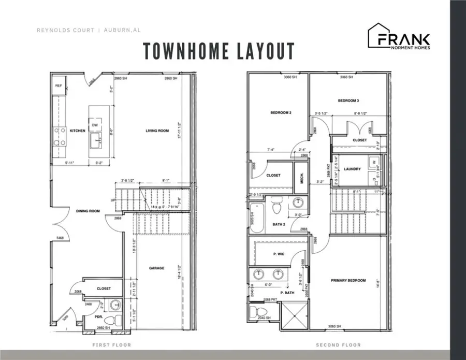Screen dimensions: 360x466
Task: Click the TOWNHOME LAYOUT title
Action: [219, 51]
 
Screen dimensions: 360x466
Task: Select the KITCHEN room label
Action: [77, 131]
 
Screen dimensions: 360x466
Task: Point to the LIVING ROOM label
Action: [157, 131]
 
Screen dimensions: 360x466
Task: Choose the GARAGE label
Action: [157, 268]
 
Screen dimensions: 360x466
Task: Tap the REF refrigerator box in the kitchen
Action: [59, 86]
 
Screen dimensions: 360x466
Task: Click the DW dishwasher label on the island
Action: [95, 125]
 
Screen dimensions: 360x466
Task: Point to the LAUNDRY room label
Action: [352, 168]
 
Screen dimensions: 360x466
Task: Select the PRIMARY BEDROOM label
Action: [348, 280]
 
